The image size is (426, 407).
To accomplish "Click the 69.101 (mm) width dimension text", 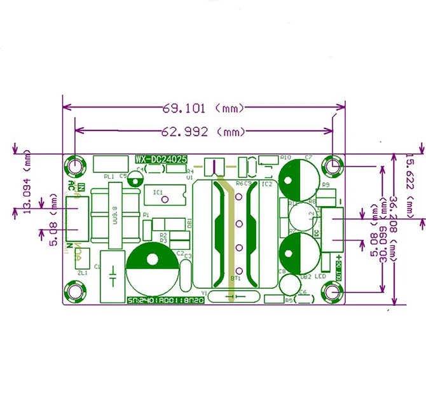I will pos(203,108).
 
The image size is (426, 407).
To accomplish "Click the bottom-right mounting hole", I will pos(333,291).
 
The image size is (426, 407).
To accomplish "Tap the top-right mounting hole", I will pos(333,166).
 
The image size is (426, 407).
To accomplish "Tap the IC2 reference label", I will pos(266,184).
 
